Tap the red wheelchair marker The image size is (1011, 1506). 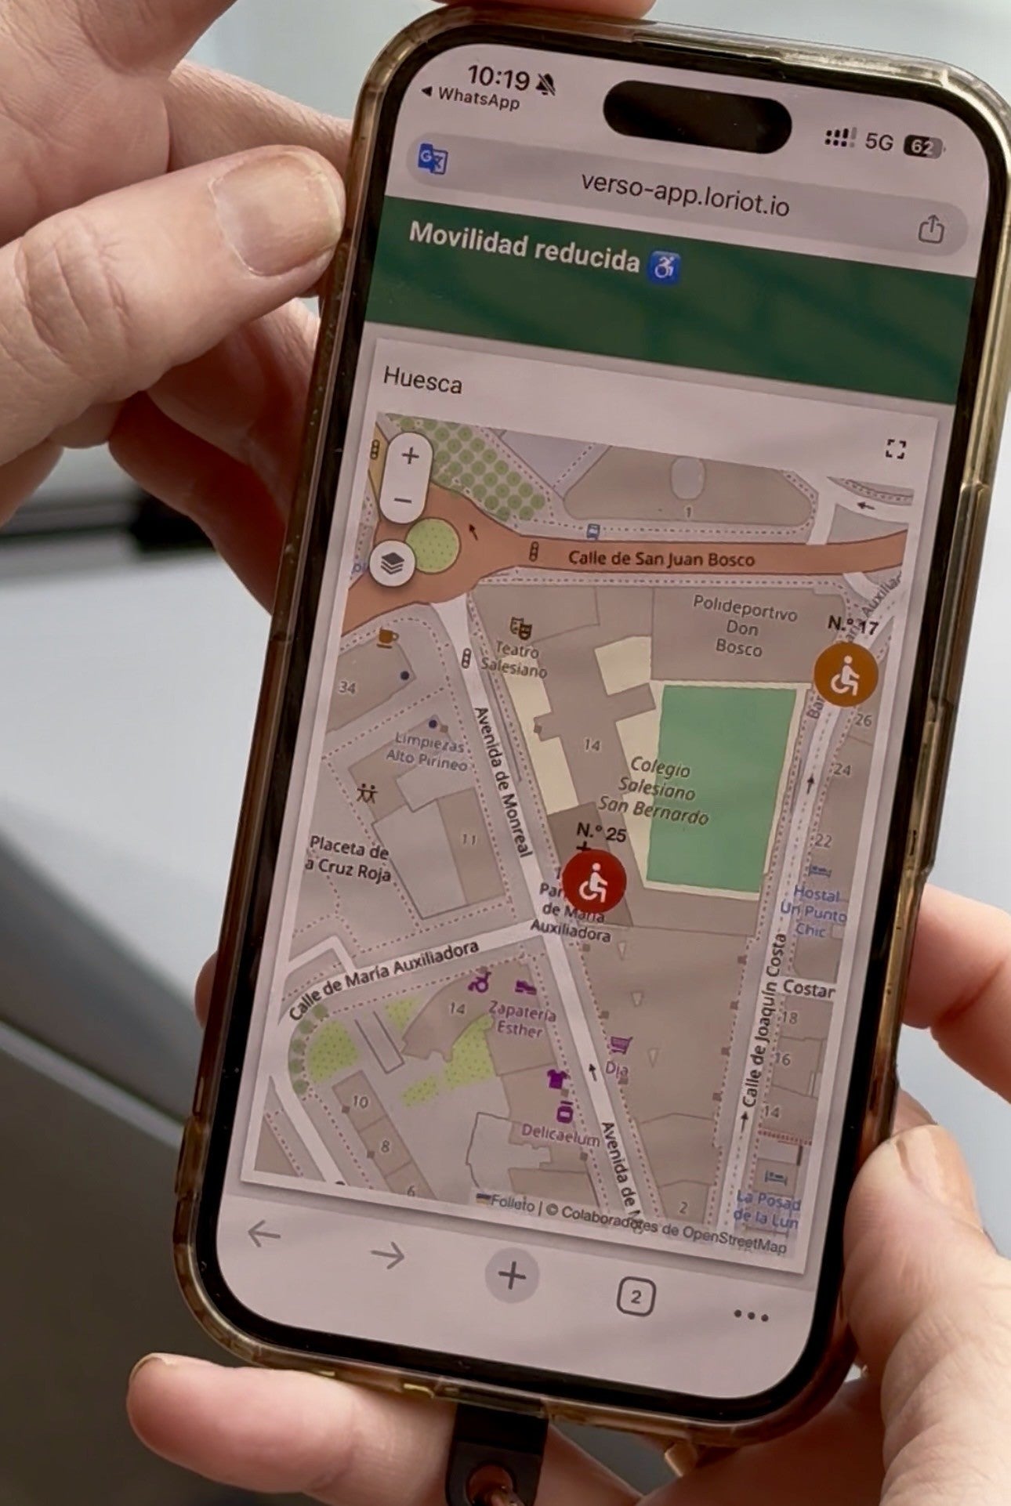pyautogui.click(x=594, y=882)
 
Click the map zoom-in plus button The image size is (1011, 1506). pyautogui.click(x=410, y=455)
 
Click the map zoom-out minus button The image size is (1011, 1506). pyautogui.click(x=403, y=500)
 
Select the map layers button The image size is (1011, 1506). pyautogui.click(x=393, y=562)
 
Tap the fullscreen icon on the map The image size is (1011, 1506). pyautogui.click(x=895, y=449)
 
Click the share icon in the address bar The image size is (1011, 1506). pyautogui.click(x=930, y=230)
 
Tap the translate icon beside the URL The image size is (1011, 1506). pyautogui.click(x=433, y=160)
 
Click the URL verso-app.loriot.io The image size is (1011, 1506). pyautogui.click(x=684, y=193)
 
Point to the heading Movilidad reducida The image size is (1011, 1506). pyautogui.click(x=524, y=244)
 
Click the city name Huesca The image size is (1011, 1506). pyautogui.click(x=422, y=381)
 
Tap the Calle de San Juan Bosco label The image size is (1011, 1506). pyautogui.click(x=661, y=558)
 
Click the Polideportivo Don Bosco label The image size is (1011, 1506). pyautogui.click(x=741, y=625)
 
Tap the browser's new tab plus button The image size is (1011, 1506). pyautogui.click(x=512, y=1276)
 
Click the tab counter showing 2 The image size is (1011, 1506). pyautogui.click(x=636, y=1297)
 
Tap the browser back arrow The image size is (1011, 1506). pyautogui.click(x=263, y=1234)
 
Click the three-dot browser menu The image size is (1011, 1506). pyautogui.click(x=750, y=1316)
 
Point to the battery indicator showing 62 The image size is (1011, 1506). pyautogui.click(x=922, y=147)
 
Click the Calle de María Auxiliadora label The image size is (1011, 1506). pyautogui.click(x=383, y=978)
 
